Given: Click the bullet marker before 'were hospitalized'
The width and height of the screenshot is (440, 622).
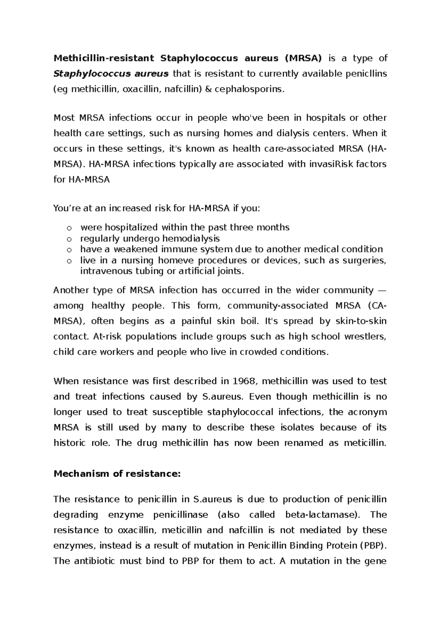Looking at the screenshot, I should (69, 228).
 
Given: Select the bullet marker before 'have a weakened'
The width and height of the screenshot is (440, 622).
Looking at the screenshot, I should (69, 250).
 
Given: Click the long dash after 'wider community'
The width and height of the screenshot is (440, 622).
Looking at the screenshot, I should (382, 290).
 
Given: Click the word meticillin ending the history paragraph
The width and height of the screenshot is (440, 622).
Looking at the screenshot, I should (364, 443).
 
